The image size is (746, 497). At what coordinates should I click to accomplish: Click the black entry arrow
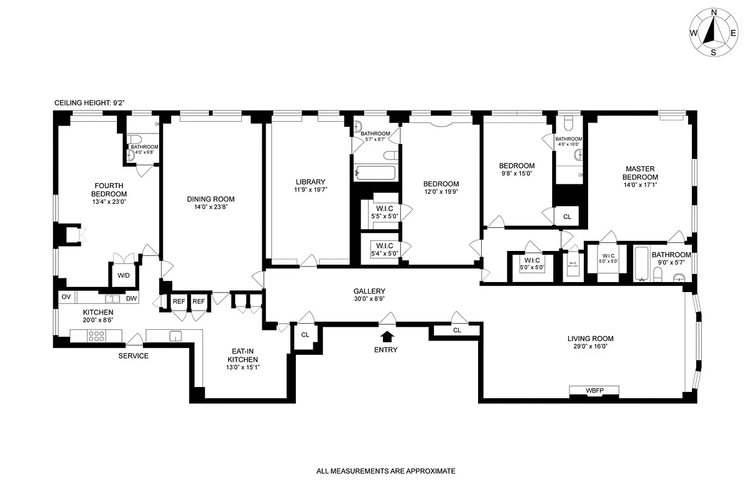click(x=387, y=336)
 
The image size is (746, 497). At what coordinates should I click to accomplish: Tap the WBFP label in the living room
click(x=594, y=390)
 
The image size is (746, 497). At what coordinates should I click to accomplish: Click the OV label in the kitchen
click(x=67, y=298)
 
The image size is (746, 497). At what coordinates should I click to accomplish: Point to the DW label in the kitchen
click(x=131, y=298)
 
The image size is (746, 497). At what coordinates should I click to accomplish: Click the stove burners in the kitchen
click(x=97, y=336)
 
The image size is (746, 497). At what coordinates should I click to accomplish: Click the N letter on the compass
click(x=714, y=12)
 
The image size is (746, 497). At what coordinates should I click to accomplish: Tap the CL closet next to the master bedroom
click(x=567, y=217)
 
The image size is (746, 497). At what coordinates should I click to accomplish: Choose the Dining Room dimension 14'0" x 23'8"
click(x=211, y=207)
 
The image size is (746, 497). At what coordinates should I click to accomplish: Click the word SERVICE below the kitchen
click(x=134, y=356)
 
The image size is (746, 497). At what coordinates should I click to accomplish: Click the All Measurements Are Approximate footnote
click(x=386, y=471)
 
